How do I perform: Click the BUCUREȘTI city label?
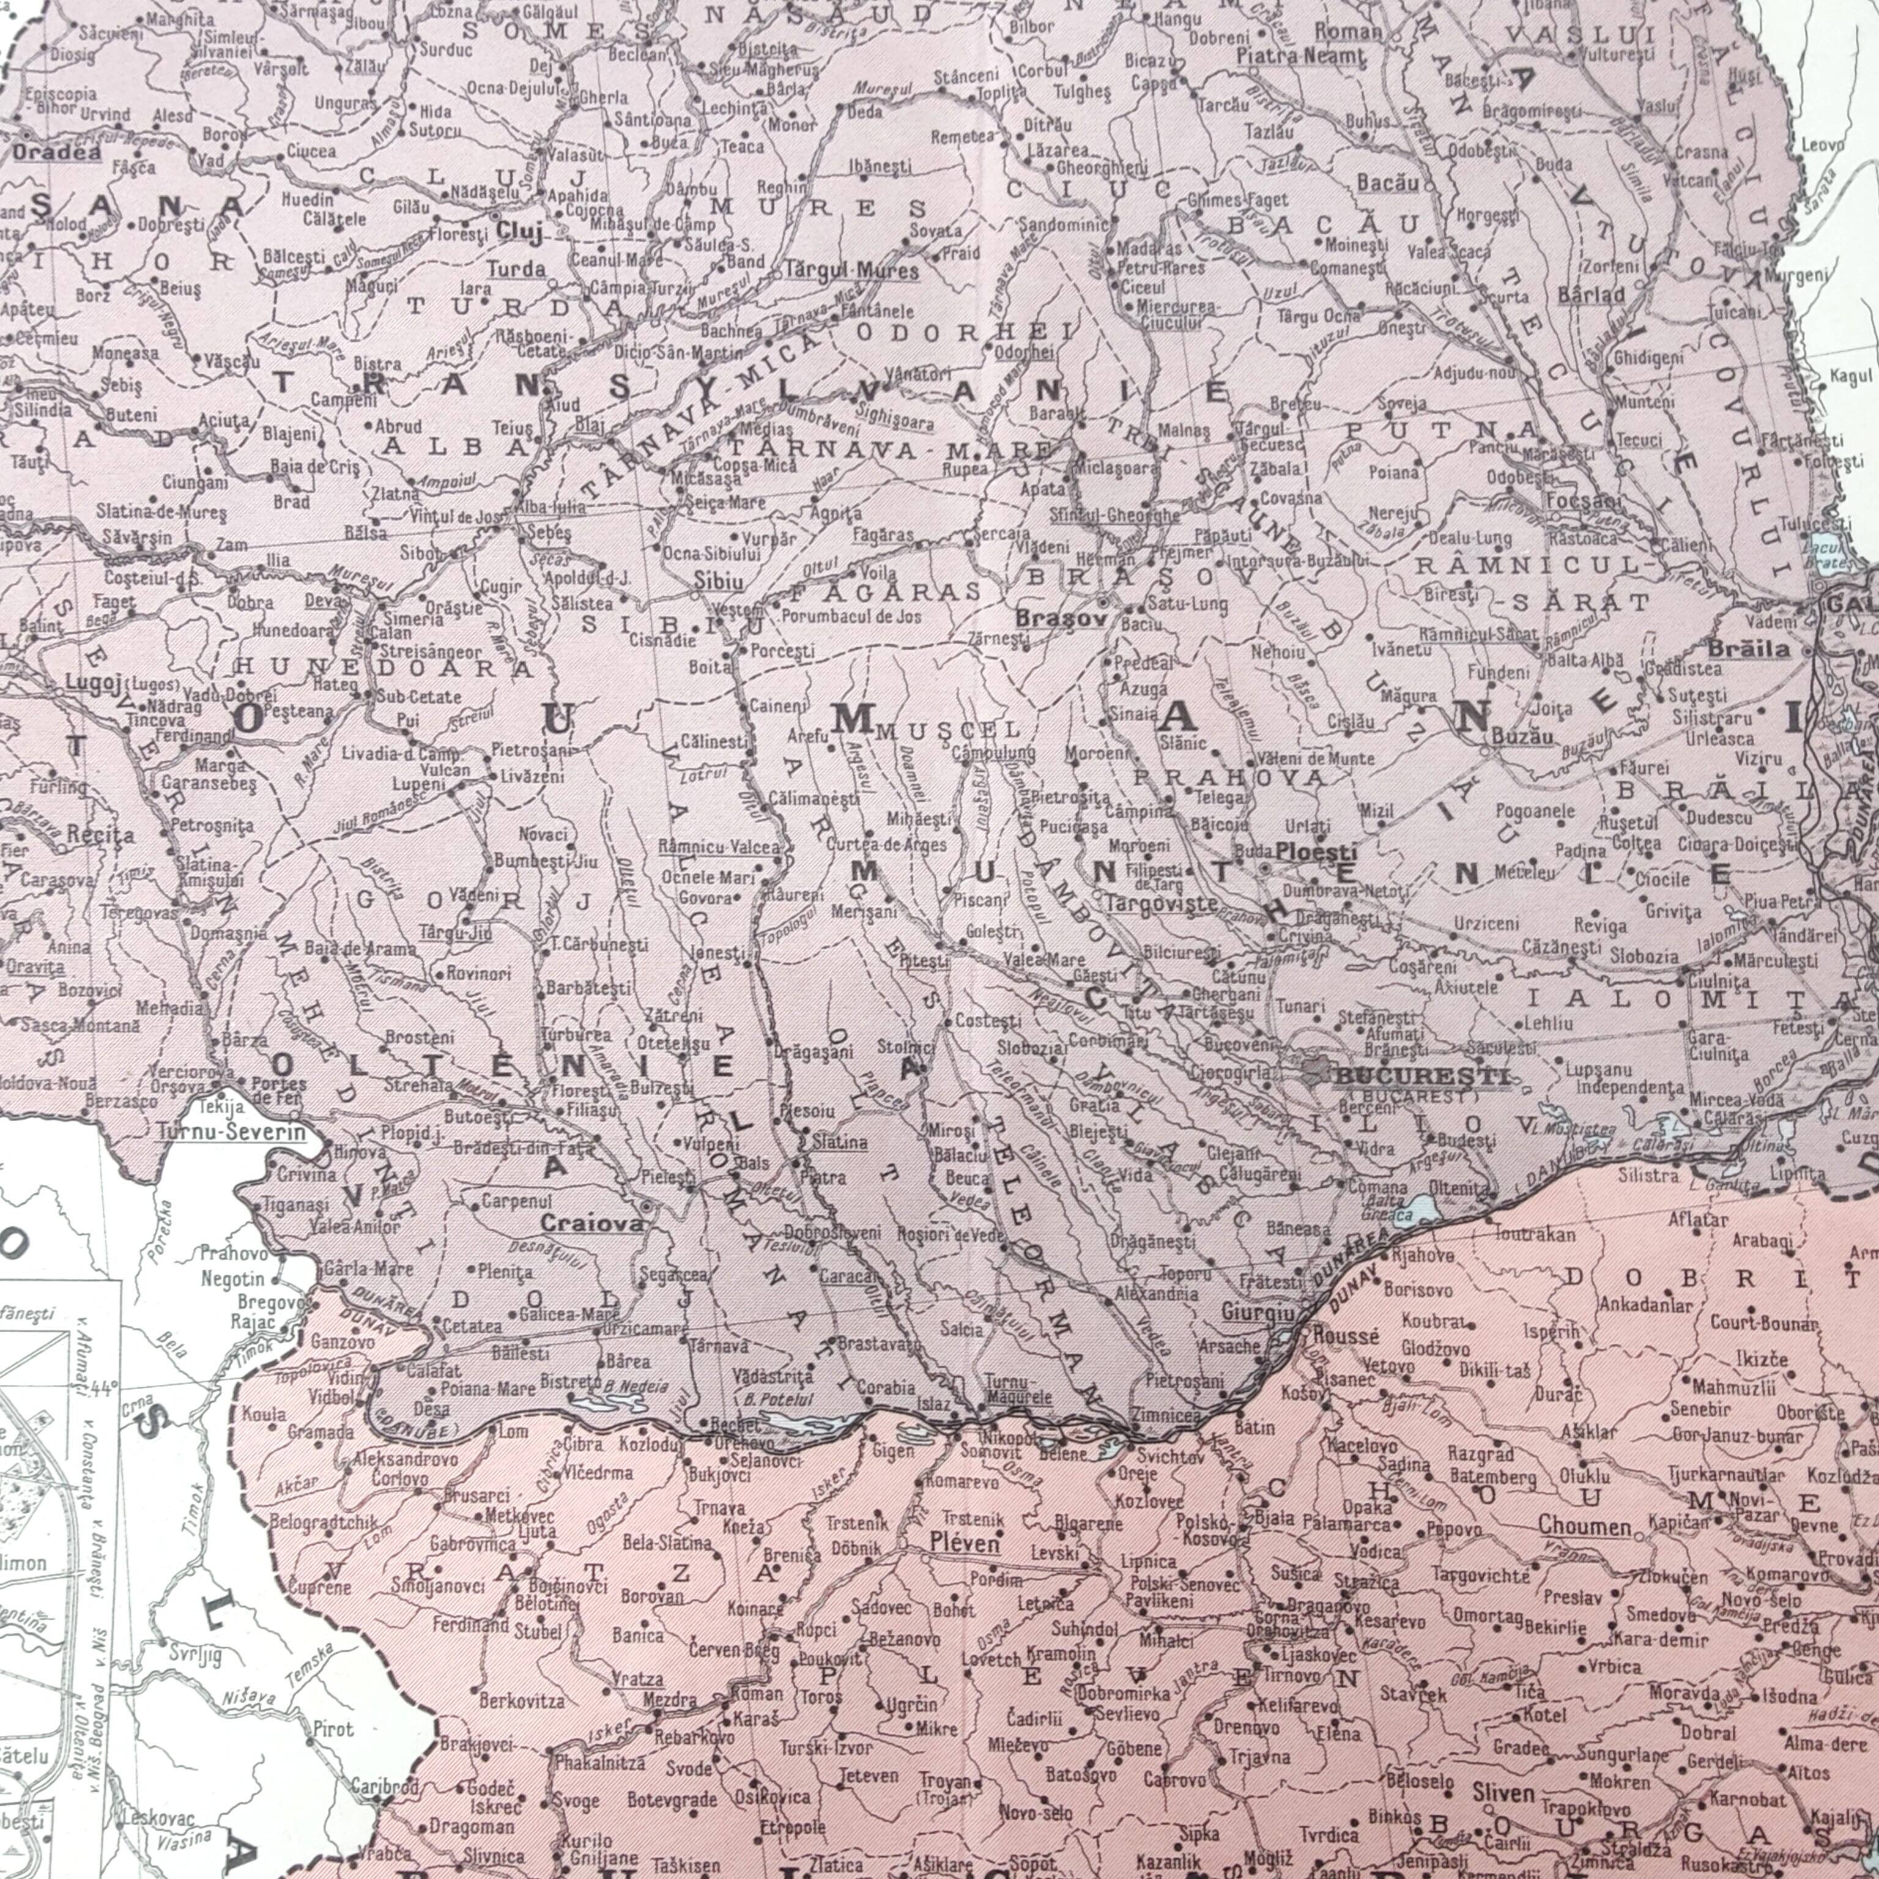[x=1422, y=1076]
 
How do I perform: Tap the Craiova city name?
[x=592, y=1223]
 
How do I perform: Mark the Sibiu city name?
[x=719, y=582]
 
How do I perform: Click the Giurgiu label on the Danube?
[x=1259, y=1314]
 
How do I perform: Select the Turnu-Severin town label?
[x=231, y=1132]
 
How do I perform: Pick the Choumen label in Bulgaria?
[x=1584, y=1526]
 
